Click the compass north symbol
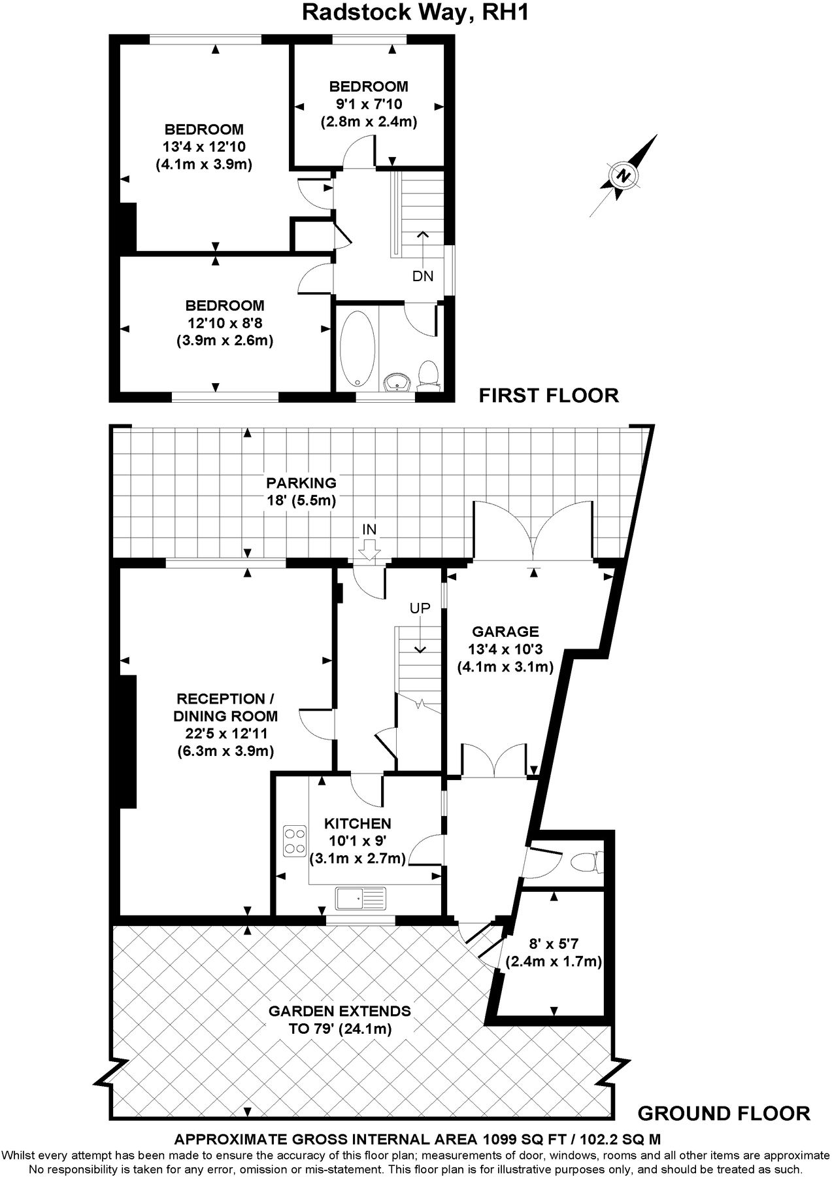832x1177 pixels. click(x=625, y=175)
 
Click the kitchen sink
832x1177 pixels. click(x=361, y=898)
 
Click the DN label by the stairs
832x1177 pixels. click(x=423, y=276)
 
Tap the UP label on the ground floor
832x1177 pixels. click(x=420, y=608)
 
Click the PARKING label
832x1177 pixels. click(x=301, y=483)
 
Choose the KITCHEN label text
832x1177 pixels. click(x=358, y=823)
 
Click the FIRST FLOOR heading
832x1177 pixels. click(x=548, y=396)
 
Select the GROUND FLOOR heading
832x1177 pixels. click(x=724, y=1113)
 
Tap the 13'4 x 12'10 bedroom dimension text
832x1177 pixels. click(x=204, y=146)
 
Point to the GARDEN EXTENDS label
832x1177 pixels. click(x=340, y=1011)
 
